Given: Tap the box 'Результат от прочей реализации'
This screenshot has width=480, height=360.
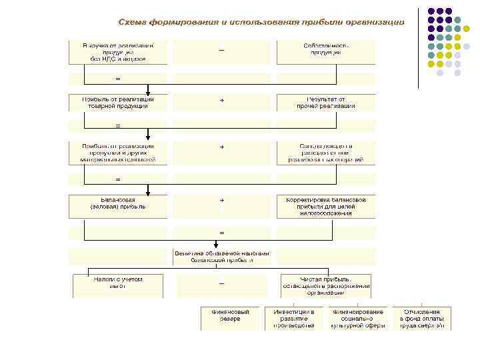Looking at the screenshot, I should point(326,102).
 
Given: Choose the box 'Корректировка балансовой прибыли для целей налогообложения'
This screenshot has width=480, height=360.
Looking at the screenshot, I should point(326,205).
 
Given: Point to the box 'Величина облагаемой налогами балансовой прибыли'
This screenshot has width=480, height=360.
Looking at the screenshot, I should point(222,257).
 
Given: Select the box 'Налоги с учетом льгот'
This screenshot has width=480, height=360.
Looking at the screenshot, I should point(118,285).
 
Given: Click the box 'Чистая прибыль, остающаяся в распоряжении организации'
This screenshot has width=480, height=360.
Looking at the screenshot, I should point(326,285).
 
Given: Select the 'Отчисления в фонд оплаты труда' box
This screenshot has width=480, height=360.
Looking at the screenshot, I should point(421,318).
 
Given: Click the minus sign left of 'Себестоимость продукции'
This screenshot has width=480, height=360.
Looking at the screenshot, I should point(221,50).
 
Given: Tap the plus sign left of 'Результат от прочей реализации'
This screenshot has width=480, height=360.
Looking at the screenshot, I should point(222,100).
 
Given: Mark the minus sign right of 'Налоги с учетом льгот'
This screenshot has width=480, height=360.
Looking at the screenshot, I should point(222,283).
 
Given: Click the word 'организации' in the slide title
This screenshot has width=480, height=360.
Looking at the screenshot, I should point(375,23).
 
